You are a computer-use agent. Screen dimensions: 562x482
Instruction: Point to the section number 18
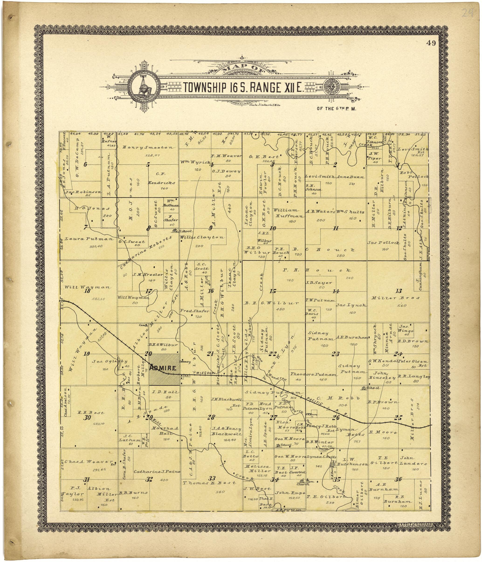87,291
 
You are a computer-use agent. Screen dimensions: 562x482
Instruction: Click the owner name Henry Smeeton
148,147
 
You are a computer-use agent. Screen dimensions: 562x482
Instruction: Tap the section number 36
398,479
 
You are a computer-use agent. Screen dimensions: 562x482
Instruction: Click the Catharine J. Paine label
157,472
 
